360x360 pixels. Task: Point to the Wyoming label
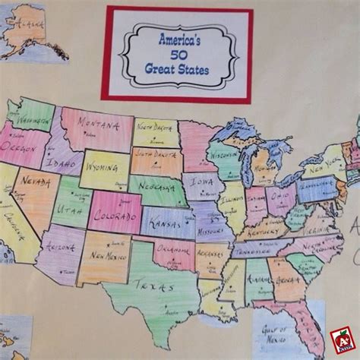coord(102,165)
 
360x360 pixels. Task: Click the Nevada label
coord(39,185)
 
